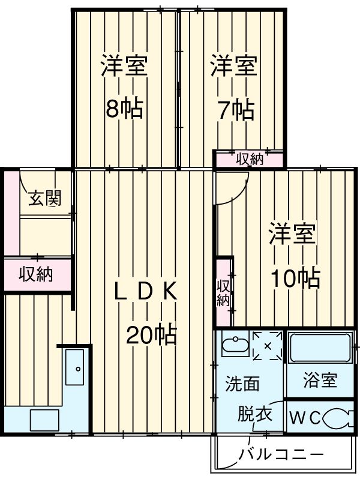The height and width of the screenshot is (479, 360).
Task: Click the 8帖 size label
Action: pyautogui.click(x=124, y=108)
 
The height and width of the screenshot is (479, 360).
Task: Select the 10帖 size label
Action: pyautogui.click(x=294, y=277)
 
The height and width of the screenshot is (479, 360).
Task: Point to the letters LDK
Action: pyautogui.click(x=145, y=291)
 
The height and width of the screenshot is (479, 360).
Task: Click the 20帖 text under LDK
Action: pyautogui.click(x=151, y=334)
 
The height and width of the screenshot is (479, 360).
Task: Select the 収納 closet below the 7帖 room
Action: pyautogui.click(x=249, y=159)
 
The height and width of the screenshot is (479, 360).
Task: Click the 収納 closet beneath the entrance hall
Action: pyautogui.click(x=36, y=274)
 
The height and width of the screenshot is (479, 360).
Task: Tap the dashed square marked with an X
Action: pyautogui.click(x=267, y=346)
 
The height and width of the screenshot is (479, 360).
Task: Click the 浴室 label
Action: pyautogui.click(x=320, y=381)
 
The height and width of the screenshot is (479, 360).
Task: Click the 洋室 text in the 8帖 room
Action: pyautogui.click(x=124, y=65)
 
